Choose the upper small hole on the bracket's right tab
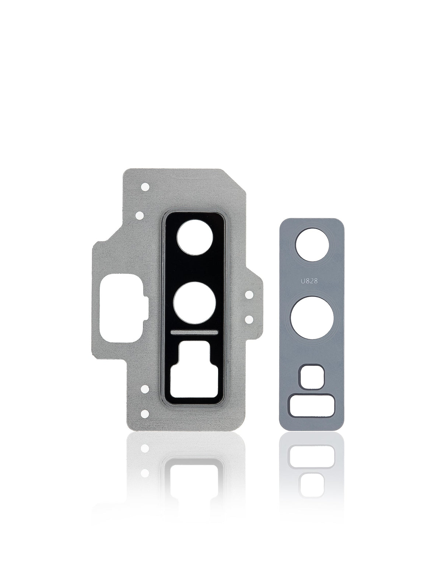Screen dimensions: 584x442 (x=248, y=293)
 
